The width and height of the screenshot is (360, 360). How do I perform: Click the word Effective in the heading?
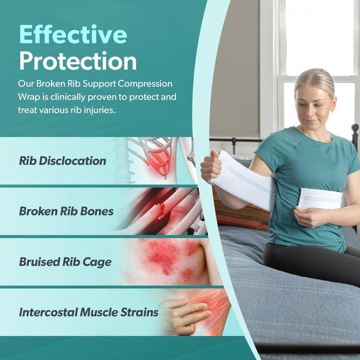73,34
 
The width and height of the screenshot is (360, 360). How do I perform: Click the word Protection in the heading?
78,60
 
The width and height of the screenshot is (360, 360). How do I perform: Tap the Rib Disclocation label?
62,161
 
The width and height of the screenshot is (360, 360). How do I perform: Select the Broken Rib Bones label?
66,211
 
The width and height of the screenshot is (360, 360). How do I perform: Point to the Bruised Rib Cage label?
65,262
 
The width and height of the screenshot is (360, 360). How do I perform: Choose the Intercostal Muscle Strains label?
88,312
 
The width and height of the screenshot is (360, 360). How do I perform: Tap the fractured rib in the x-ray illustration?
161,210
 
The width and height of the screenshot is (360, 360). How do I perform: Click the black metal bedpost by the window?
354,137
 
